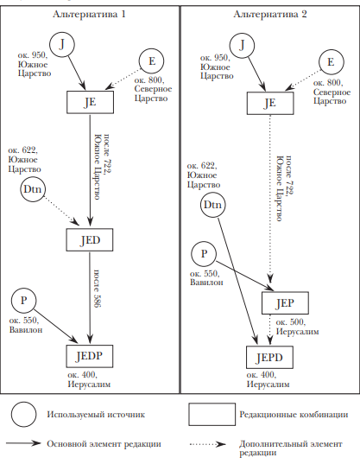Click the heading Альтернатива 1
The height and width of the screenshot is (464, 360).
(x=89, y=14)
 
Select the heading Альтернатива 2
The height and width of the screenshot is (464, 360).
(x=270, y=14)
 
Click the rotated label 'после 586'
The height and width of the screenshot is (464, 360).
(x=98, y=289)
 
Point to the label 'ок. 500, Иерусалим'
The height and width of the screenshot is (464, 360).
(x=297, y=327)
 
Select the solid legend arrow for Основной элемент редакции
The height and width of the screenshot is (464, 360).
(x=23, y=443)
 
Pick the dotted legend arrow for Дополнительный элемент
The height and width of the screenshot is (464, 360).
(x=207, y=444)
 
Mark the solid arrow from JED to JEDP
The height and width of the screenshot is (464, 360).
(x=90, y=297)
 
